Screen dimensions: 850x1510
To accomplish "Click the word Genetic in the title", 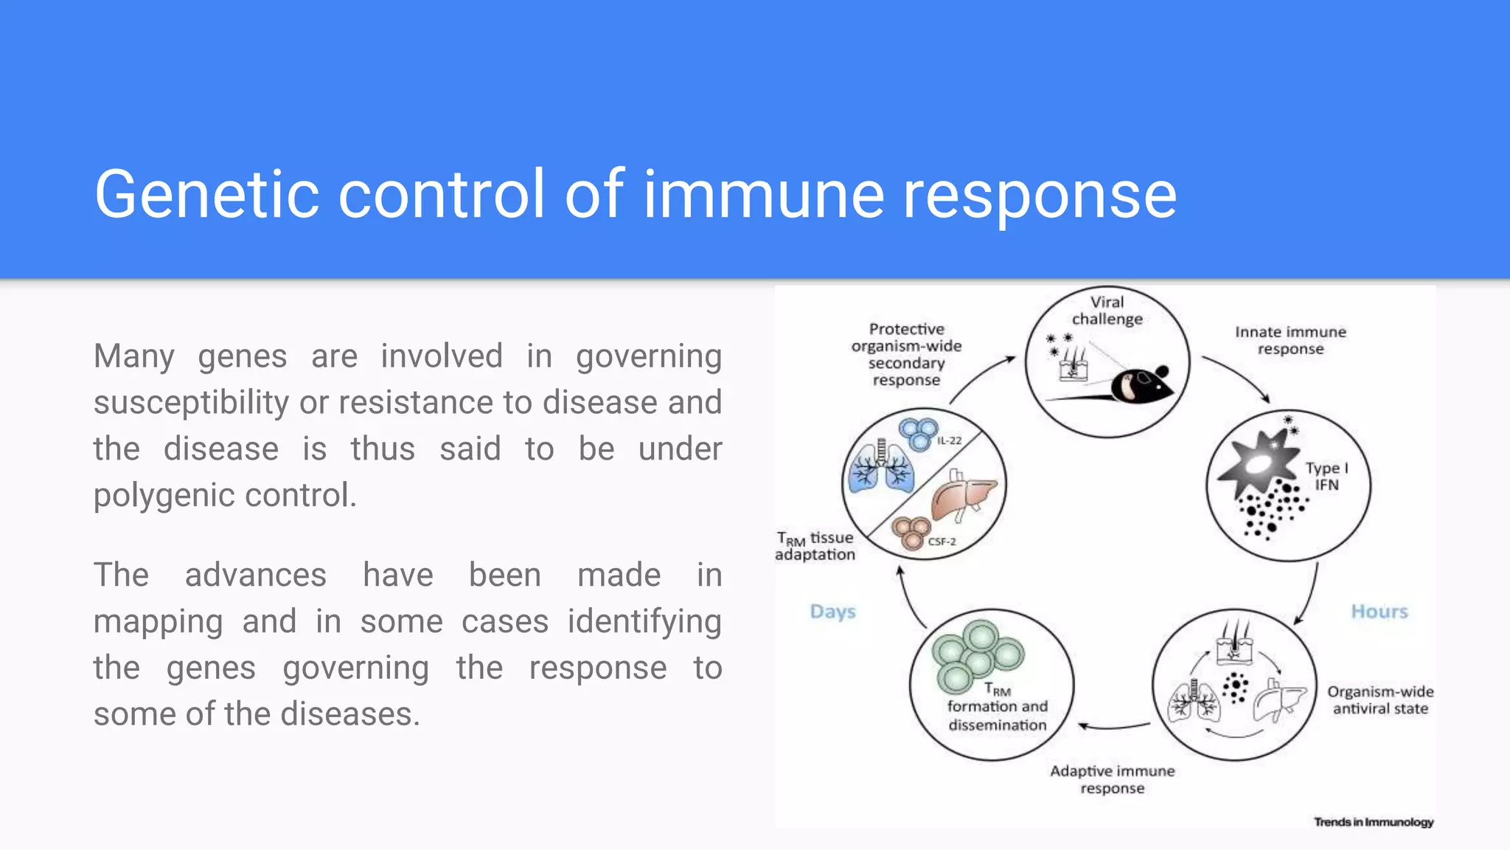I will click(206, 195).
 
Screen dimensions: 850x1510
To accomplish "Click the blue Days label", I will click(832, 612).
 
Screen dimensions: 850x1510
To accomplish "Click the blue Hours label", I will click(1379, 612).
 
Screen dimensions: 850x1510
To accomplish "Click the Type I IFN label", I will click(1326, 477).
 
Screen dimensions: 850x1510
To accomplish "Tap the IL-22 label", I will click(949, 440).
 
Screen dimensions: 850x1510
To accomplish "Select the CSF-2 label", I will click(942, 542).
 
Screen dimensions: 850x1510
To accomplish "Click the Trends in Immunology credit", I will click(1373, 822).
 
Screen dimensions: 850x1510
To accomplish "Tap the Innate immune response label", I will click(1290, 340).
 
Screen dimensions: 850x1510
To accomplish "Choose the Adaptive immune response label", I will click(1112, 779).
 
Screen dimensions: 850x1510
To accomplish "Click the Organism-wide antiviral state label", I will click(1380, 700).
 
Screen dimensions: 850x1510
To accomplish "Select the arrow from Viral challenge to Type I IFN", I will click(1239, 376).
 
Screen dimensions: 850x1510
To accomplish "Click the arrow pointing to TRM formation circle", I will click(1113, 728).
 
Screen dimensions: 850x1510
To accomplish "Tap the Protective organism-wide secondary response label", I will click(906, 354).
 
